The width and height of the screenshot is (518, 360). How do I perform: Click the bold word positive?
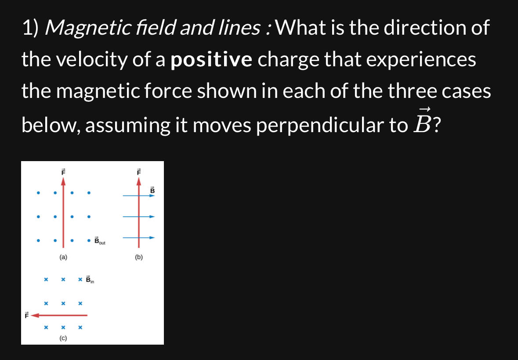tap(211, 60)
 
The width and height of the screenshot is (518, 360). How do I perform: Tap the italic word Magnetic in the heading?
tap(88, 28)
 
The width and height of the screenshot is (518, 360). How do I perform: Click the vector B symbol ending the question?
tap(422, 122)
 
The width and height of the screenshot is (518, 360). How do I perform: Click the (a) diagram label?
tap(63, 257)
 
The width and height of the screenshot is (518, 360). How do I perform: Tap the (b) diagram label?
tap(139, 257)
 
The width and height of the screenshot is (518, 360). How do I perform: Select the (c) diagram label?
tap(63, 338)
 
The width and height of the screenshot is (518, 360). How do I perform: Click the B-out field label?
tap(100, 241)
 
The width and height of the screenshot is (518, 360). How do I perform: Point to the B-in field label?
tap(90, 280)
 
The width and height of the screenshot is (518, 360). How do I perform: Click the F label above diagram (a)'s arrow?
tap(63, 172)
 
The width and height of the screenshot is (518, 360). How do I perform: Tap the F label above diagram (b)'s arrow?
tap(139, 172)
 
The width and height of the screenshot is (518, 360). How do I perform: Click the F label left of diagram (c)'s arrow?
tap(27, 316)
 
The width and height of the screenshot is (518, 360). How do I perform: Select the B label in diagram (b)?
tap(152, 191)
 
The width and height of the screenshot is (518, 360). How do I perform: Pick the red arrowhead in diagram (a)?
tap(63, 181)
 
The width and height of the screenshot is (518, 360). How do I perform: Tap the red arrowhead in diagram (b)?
tap(139, 181)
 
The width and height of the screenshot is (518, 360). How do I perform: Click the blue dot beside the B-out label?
tap(89, 241)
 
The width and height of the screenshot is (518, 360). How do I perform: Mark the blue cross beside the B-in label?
tap(80, 280)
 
